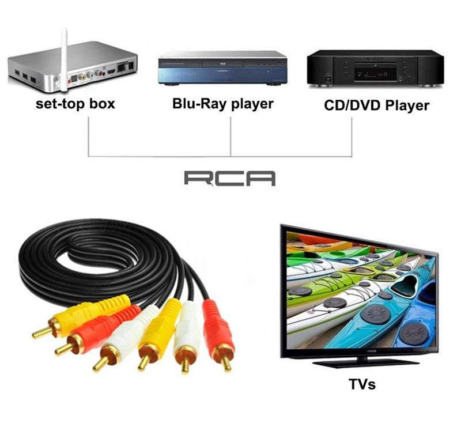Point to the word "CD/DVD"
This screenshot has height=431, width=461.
pyautogui.click(x=344, y=105)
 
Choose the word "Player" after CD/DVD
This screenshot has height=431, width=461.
pyautogui.click(x=407, y=106)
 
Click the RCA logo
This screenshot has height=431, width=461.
pyautogui.click(x=229, y=177)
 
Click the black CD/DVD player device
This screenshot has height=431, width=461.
pyautogui.click(x=375, y=67)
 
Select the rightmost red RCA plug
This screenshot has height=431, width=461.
pyautogui.click(x=218, y=334)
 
